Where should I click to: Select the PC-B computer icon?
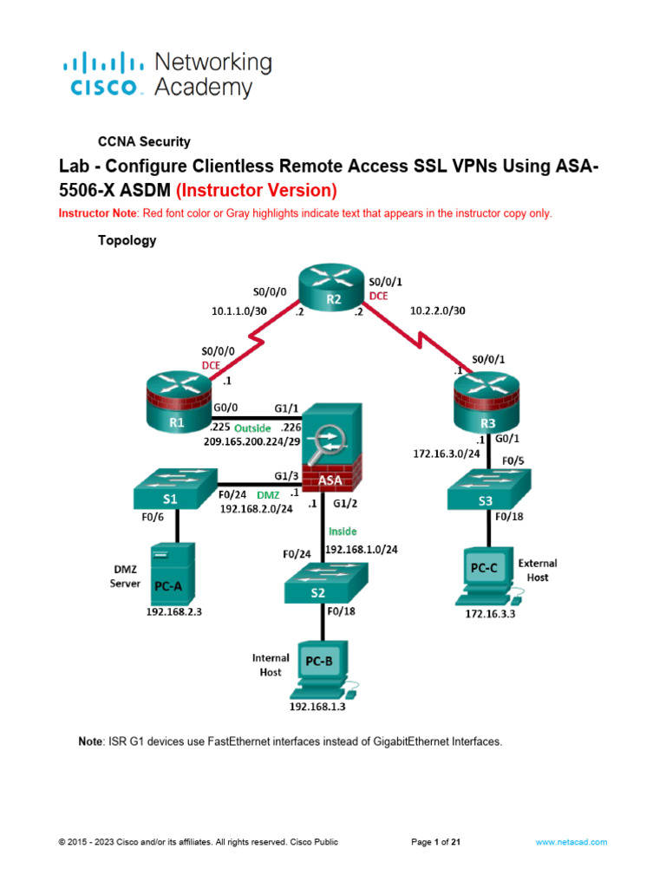321,669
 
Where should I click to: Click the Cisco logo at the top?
103,75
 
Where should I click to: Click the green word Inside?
341,531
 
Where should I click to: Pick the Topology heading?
127,241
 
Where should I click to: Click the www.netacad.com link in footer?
571,841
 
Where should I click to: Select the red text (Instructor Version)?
256,190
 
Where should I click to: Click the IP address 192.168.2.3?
180,610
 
